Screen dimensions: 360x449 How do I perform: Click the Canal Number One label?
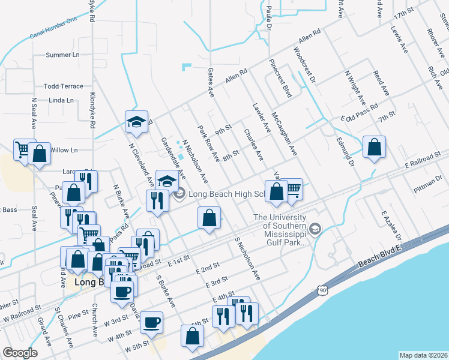tap(54, 29)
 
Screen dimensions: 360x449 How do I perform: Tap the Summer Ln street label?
tap(62, 55)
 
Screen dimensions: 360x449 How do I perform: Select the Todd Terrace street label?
tap(64, 86)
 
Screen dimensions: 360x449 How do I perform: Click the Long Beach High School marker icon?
tap(179, 194)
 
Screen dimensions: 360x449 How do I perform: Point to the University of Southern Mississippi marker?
tap(315, 229)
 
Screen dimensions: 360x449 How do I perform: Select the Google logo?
tap(20, 353)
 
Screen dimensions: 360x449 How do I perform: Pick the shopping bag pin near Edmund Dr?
tap(374, 147)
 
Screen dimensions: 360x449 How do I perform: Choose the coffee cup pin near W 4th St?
tap(151, 322)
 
